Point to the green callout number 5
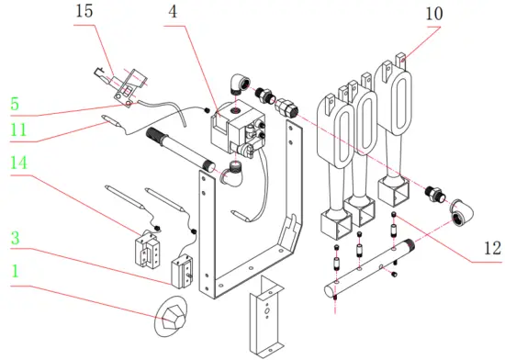pyautogui.click(x=16, y=104)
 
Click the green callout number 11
pyautogui.click(x=19, y=130)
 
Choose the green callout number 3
pyautogui.click(x=15, y=238)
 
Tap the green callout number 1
pyautogui.click(x=15, y=272)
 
